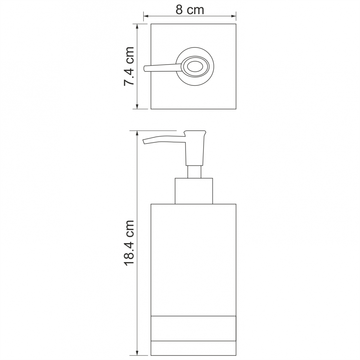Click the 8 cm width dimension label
pyautogui.click(x=190, y=10)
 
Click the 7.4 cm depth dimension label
pyautogui.click(x=129, y=66)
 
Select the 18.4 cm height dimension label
pyautogui.click(x=129, y=243)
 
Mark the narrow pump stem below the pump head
pyautogui.click(x=194, y=171)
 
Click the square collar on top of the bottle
pyautogui.click(x=194, y=191)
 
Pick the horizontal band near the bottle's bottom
pyautogui.click(x=193, y=328)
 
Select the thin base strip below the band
pyautogui.click(x=193, y=348)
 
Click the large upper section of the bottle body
pyautogui.click(x=193, y=260)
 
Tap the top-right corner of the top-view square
pyautogui.click(x=236, y=24)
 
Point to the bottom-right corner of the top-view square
pyautogui.click(x=236, y=109)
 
